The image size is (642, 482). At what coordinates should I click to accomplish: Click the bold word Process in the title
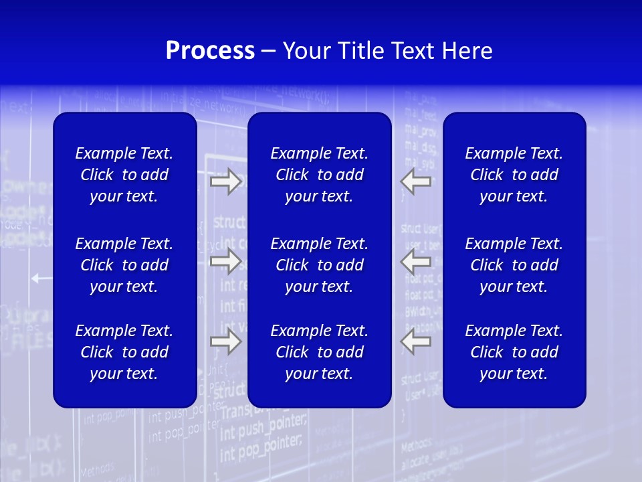pos(210,51)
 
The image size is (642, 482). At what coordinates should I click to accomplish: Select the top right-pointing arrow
pos(225,181)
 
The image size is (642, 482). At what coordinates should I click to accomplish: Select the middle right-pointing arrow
pos(225,261)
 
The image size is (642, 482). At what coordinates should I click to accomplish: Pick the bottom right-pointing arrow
pos(225,341)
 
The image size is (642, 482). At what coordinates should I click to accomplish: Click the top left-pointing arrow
pos(415,181)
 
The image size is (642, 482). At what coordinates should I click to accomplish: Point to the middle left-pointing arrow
pos(415,261)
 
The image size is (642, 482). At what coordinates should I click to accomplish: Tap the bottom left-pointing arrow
pos(415,341)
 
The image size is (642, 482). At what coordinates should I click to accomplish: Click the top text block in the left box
pos(124,175)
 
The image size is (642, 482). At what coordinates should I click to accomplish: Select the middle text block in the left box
pos(124,265)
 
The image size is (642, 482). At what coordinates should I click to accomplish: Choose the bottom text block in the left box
pos(124,352)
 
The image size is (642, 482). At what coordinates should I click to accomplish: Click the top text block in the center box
pos(319,175)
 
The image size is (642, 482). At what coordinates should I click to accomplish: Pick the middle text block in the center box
pos(319,265)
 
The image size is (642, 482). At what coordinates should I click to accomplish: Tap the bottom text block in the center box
pos(319,352)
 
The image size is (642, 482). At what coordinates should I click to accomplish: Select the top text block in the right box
pos(514,175)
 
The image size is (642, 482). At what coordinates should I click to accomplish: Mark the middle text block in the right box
pos(514,265)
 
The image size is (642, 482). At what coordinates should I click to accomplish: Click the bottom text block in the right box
pos(514,352)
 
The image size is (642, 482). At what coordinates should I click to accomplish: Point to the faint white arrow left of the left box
pos(41,278)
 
